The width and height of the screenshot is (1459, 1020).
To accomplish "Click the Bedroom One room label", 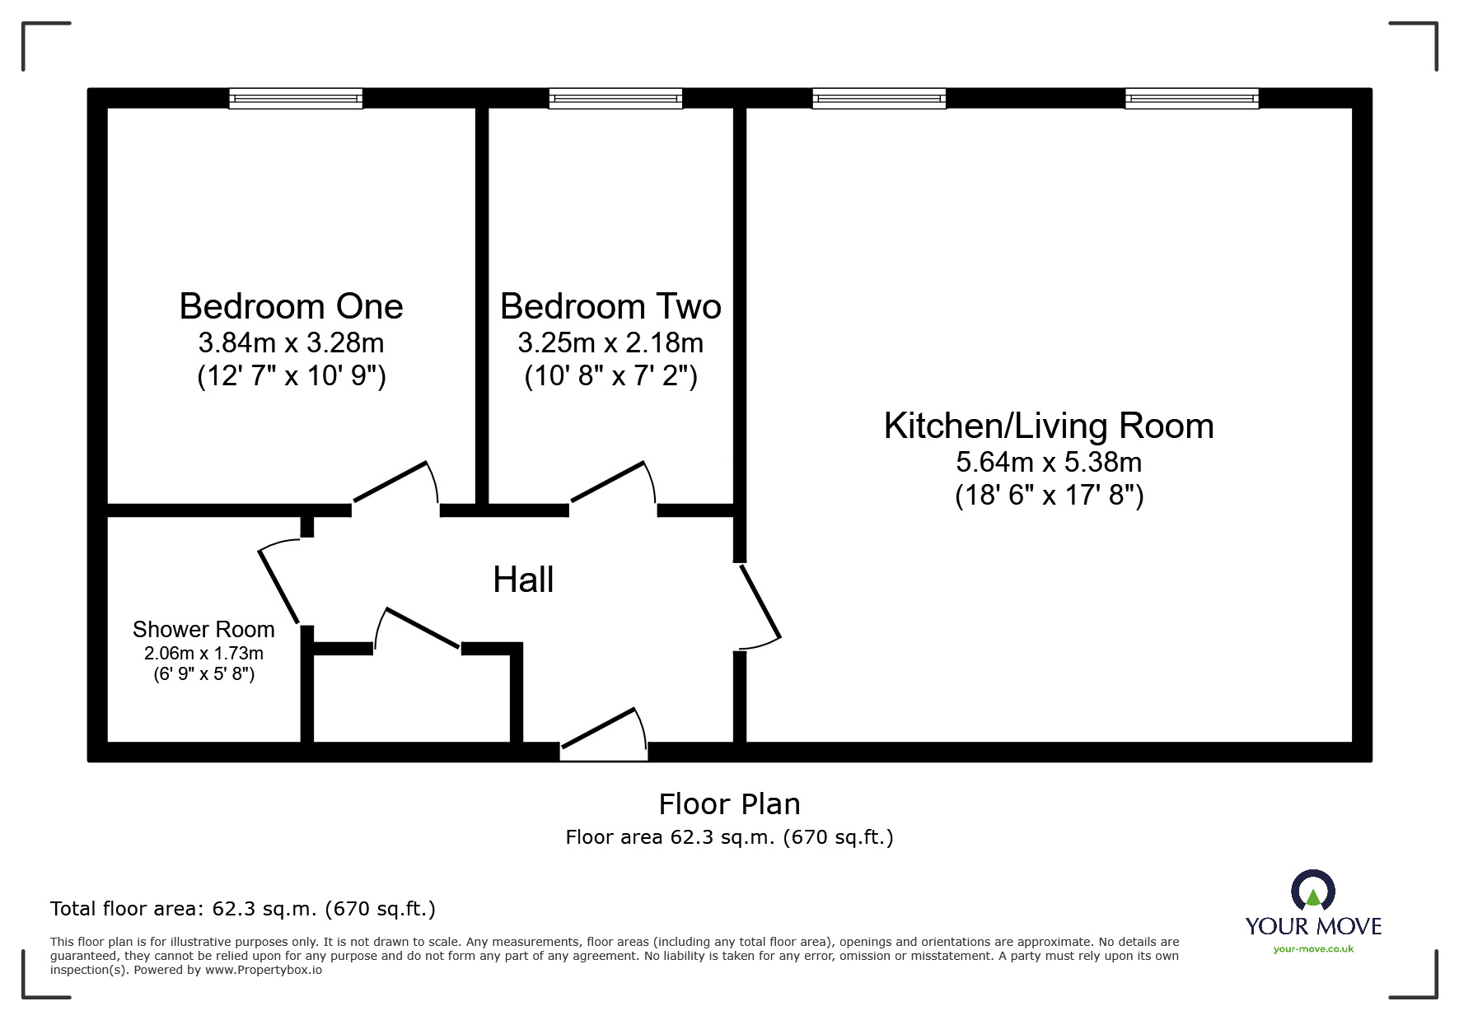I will click(291, 307).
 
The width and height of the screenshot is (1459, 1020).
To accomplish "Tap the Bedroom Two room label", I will click(610, 307).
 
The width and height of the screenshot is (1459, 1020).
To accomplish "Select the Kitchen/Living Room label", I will click(1048, 426).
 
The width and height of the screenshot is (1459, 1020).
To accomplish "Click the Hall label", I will click(523, 580).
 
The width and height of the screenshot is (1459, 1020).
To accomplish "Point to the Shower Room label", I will click(203, 630).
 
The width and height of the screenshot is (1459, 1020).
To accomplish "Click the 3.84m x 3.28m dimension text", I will click(291, 342).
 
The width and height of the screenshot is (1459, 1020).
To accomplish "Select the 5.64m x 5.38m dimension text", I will click(1048, 462).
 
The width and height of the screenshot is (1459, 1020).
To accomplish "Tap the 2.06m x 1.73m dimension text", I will click(203, 654).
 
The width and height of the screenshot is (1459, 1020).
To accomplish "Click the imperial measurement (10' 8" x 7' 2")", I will click(610, 376).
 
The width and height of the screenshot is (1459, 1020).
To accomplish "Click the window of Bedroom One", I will click(296, 99).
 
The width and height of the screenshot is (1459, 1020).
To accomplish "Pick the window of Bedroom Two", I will click(615, 99).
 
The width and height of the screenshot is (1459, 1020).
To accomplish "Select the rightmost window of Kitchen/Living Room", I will click(1192, 99).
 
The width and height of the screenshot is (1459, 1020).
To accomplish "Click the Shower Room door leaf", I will click(278, 586).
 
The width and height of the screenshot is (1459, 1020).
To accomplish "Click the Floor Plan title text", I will click(729, 804).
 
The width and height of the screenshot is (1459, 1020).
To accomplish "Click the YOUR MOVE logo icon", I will click(1312, 892).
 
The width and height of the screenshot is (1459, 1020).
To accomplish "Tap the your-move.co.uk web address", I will click(1313, 949).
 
